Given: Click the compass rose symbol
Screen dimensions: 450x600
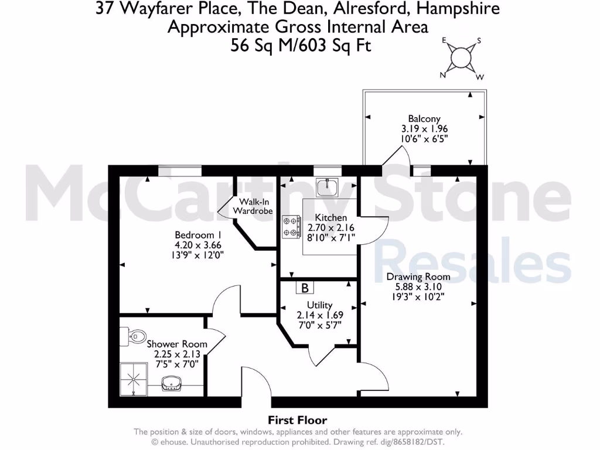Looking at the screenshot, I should point(461,57).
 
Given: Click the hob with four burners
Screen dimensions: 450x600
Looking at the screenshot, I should point(291,227).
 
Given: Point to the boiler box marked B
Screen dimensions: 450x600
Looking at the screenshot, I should point(305,288).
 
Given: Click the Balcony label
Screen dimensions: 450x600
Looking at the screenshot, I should point(425,118).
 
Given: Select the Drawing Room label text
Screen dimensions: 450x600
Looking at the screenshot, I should point(418,277).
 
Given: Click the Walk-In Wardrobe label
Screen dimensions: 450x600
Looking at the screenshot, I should point(253,206).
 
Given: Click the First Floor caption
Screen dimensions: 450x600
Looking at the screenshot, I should point(297,420).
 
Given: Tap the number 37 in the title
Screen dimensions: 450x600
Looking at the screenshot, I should point(104,9).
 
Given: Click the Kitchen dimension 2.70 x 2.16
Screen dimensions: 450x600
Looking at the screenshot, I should point(330,228).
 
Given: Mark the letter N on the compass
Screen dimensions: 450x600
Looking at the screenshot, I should point(444,74).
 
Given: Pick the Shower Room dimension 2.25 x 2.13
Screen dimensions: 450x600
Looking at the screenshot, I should point(177,354).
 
